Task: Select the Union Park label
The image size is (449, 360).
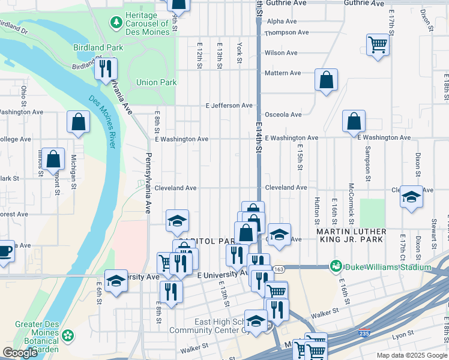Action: click(x=156, y=82)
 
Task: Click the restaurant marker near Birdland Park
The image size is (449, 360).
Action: click(x=106, y=69)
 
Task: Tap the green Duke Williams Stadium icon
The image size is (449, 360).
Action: click(x=336, y=266)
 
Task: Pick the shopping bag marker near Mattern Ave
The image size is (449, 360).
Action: click(x=326, y=80)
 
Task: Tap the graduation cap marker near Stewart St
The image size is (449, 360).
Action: click(x=411, y=197)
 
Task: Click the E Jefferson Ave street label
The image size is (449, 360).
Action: click(x=229, y=106)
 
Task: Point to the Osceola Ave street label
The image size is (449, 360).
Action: click(x=283, y=115)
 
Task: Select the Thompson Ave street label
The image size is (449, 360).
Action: click(x=287, y=32)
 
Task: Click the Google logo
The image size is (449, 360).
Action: click(x=20, y=353)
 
